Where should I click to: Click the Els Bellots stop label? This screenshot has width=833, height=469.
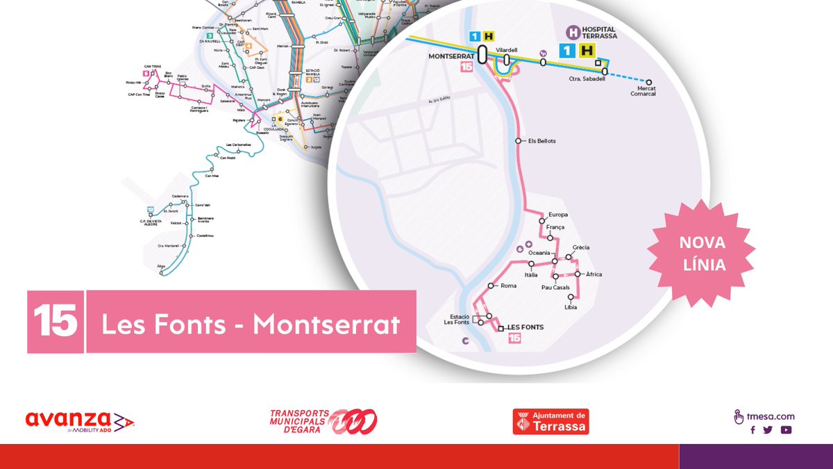pos(542,141)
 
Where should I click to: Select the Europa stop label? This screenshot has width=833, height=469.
pos(558,215)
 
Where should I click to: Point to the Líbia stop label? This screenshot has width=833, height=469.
pos(571,307)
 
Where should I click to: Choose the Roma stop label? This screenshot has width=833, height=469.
pos(509,286)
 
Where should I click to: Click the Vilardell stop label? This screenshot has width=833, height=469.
pos(508,50)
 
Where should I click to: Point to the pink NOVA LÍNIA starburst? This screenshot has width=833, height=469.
pos(702,254)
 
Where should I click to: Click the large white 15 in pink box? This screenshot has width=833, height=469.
pos(56,322)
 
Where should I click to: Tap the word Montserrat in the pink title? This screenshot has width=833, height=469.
pos(326,324)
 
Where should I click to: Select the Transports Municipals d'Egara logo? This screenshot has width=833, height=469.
pos(323,421)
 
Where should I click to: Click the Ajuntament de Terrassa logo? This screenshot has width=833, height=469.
pos(550,421)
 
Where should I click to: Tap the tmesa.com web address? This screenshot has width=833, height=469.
pos(771,417)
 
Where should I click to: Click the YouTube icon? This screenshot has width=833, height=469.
pos(786,430)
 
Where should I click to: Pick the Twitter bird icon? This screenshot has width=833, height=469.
pos(768,430)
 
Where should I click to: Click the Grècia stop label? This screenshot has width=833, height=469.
pos(581,248)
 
